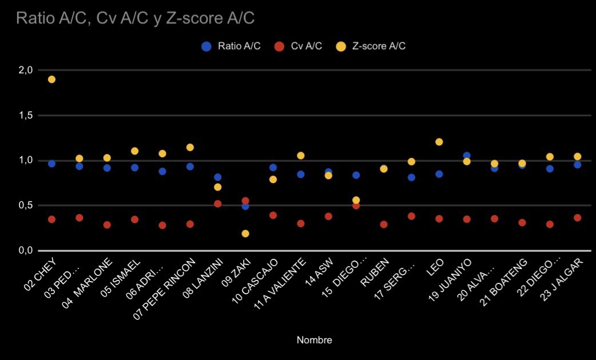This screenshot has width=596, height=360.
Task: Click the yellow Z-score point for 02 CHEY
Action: [x=51, y=80]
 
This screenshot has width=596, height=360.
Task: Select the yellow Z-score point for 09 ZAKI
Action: [x=245, y=234]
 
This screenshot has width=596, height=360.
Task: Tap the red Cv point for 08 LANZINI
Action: [x=218, y=204]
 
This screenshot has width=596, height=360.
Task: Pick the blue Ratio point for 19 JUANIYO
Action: [x=467, y=156]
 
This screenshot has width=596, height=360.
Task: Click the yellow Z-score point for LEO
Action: [x=439, y=142]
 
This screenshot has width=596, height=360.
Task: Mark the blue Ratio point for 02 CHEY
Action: [x=51, y=164]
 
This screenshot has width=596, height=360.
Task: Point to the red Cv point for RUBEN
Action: [x=384, y=224]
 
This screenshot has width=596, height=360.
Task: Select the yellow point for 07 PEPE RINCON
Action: [x=190, y=148]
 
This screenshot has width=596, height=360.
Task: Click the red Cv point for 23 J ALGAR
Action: [x=578, y=217]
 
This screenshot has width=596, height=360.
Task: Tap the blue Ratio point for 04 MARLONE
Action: [x=107, y=168]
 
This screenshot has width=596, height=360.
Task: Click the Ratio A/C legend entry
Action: [x=232, y=46]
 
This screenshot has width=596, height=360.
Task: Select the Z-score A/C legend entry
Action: [x=372, y=46]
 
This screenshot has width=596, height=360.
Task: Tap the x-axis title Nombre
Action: [x=314, y=340]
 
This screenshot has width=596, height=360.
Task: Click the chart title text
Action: [x=135, y=18]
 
